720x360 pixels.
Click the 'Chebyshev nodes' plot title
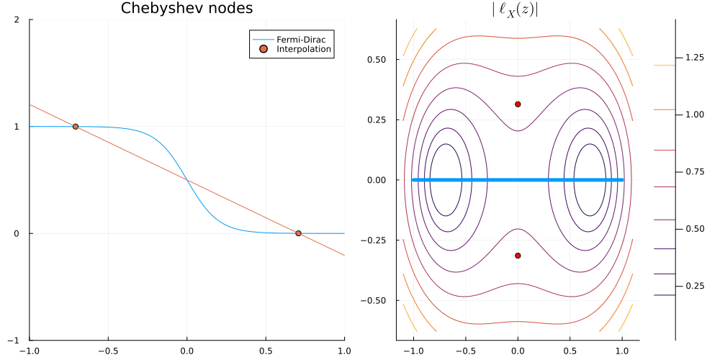(x=186, y=9)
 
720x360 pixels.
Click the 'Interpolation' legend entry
(x=304, y=49)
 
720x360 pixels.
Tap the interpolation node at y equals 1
(x=76, y=127)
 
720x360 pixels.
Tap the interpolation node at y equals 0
(x=298, y=233)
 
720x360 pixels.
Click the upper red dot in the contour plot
(x=518, y=104)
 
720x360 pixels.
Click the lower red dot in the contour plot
(x=518, y=256)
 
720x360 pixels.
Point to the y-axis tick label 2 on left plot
(x=17, y=20)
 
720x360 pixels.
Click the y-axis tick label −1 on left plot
(x=14, y=340)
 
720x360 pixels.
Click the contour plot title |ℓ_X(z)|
(x=518, y=9)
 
